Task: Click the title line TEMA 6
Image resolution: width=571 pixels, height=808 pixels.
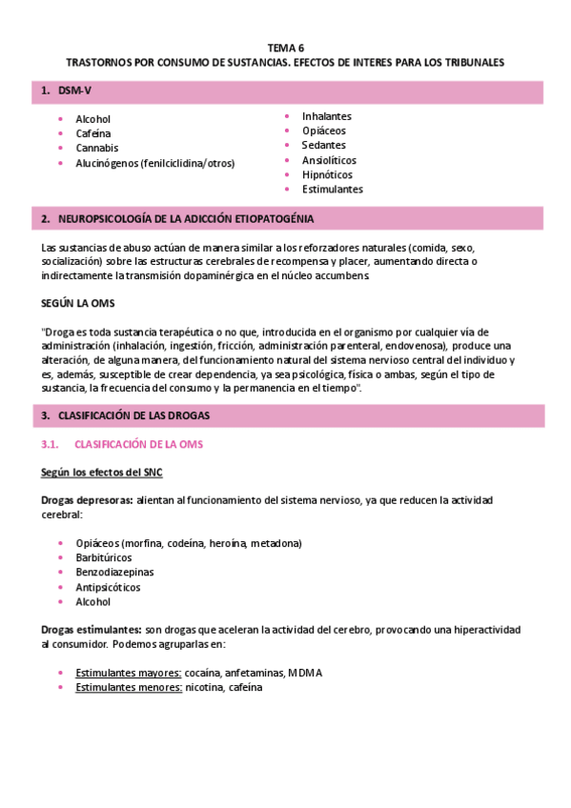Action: [285, 47]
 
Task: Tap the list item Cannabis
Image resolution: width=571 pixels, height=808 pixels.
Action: [96, 148]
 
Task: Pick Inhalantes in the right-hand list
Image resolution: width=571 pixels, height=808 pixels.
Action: [327, 116]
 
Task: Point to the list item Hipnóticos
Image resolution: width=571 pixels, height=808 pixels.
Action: [327, 174]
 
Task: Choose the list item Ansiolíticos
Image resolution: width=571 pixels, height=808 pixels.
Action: [330, 160]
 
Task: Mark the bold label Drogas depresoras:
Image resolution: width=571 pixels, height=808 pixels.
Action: [87, 499]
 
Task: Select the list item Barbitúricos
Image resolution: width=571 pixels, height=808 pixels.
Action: [103, 557]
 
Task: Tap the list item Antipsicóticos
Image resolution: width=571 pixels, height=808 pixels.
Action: [107, 587]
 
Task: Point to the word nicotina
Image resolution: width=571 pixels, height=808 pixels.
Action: [205, 687]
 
